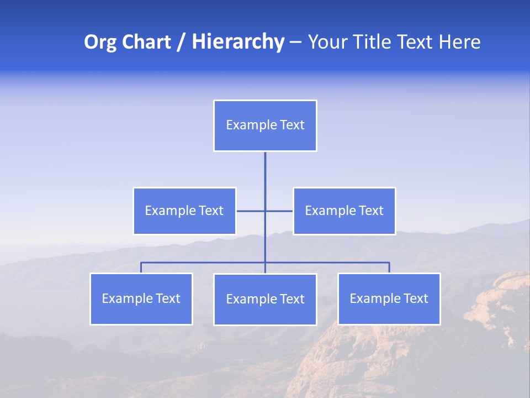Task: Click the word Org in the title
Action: (100, 42)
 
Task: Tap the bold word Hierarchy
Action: (238, 42)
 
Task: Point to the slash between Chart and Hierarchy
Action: (182, 43)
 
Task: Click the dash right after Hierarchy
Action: (295, 43)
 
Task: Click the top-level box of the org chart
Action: (265, 125)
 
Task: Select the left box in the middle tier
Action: (184, 211)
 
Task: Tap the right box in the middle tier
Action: (344, 211)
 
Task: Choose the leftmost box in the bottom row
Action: (141, 298)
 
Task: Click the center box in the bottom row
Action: (265, 299)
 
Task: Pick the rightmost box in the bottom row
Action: (389, 298)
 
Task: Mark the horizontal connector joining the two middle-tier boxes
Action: (251, 211)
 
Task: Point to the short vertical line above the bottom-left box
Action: (141, 268)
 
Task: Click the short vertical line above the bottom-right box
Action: (389, 268)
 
